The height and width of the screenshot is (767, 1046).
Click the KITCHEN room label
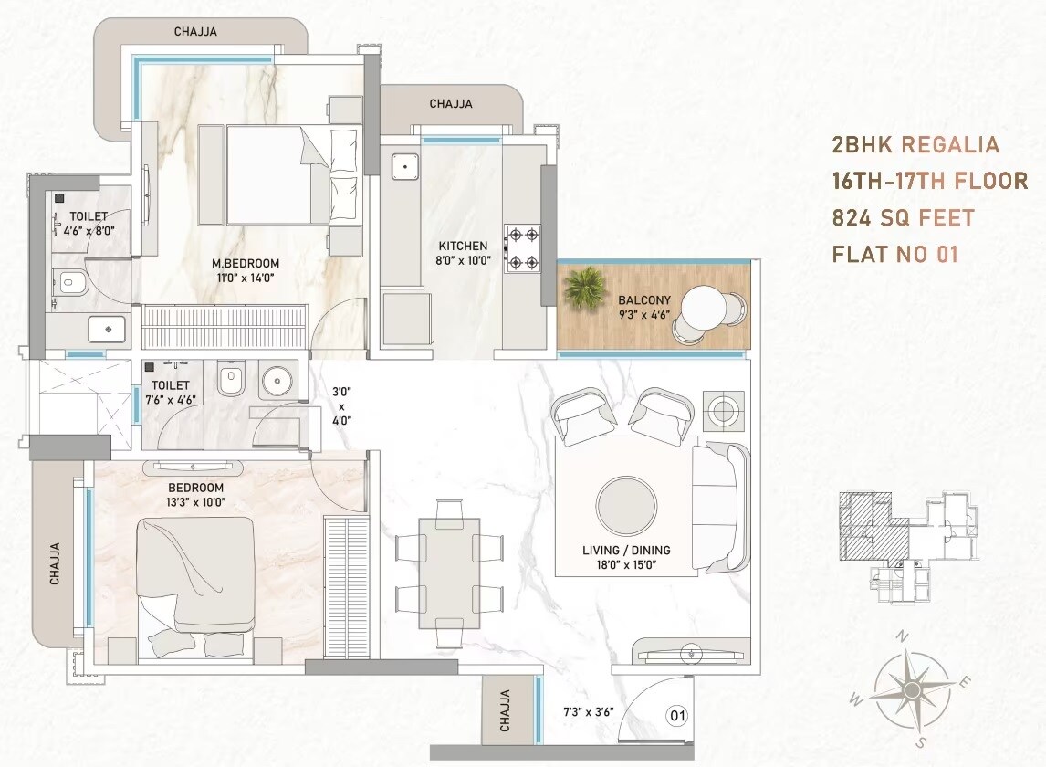463,246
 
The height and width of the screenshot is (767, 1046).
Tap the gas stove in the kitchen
524,247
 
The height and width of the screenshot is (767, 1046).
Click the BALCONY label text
644,299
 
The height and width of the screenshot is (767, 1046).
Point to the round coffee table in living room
625,504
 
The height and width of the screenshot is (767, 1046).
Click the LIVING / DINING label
626,551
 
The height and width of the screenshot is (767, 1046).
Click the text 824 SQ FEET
903,218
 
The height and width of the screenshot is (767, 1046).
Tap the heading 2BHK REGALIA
915,144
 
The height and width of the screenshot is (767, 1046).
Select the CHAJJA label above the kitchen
451,104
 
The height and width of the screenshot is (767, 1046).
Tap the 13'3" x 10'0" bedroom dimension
196,502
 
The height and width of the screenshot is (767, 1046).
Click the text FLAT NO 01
894,254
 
